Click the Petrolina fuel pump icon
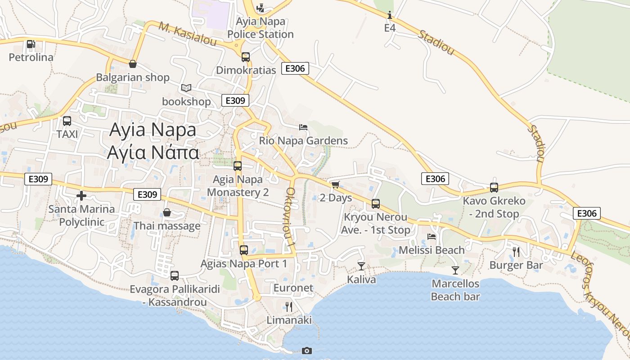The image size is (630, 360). (31, 44)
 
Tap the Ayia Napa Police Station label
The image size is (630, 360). (261, 28)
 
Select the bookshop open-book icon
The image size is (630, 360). (186, 88)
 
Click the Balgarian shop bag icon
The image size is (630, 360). (132, 64)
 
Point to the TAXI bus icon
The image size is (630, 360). (67, 121)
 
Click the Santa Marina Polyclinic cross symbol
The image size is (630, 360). (81, 196)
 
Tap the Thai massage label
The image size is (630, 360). (167, 225)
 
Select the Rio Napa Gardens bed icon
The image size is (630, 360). (303, 127)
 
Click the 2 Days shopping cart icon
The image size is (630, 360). (335, 184)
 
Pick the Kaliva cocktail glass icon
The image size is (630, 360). (361, 266)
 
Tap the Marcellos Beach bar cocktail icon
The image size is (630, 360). (455, 270)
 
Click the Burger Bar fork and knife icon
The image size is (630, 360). (516, 252)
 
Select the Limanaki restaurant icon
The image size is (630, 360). (289, 307)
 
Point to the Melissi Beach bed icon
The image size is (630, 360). (432, 236)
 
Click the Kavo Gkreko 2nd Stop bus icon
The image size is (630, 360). (494, 188)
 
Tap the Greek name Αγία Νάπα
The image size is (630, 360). (153, 152)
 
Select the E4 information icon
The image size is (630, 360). (390, 15)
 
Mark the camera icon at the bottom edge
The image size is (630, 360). (306, 351)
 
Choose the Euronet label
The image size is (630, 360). (293, 288)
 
